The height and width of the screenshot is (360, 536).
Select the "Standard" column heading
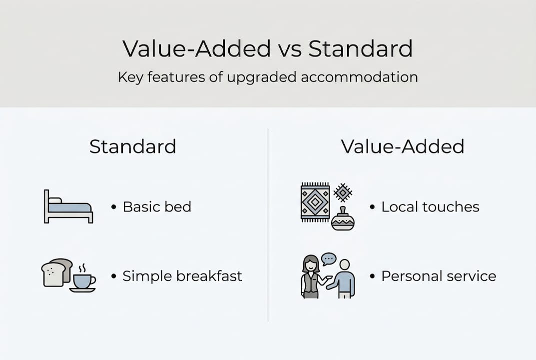(x=132, y=146)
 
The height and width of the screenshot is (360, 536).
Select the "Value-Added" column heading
(x=402, y=146)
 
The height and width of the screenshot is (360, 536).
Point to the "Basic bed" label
(x=157, y=207)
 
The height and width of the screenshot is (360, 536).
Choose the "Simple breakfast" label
(x=182, y=276)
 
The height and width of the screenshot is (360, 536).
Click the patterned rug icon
(x=315, y=202)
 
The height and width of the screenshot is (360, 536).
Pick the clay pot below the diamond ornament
(x=343, y=219)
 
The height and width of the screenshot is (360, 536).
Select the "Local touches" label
(x=430, y=207)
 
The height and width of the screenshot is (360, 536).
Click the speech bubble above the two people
(x=329, y=259)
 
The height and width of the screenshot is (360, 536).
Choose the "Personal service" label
(x=439, y=276)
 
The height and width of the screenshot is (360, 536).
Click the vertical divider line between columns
(x=268, y=225)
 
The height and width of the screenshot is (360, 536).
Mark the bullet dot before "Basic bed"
(x=114, y=207)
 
